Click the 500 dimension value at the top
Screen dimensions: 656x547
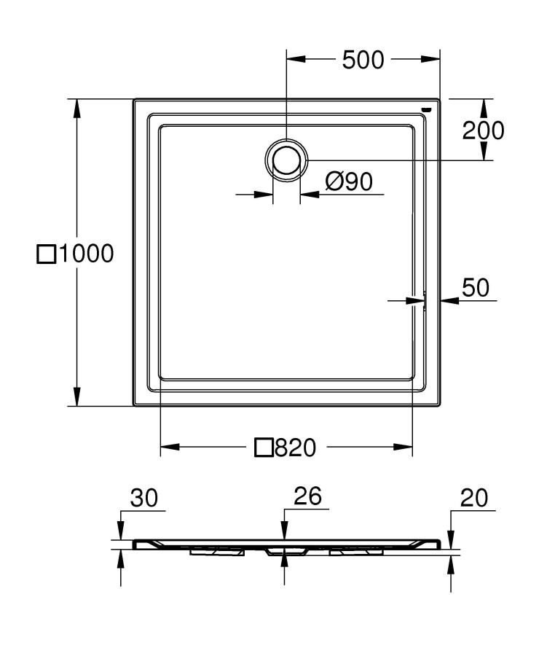click(x=363, y=60)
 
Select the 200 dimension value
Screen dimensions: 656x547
click(x=483, y=130)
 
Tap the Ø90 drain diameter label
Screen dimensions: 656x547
click(x=349, y=181)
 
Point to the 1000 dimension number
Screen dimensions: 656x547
click(x=86, y=254)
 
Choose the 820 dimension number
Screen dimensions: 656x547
click(x=295, y=448)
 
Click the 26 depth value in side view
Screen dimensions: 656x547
click(x=307, y=497)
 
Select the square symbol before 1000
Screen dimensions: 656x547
click(x=46, y=254)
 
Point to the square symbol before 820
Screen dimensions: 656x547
click(x=264, y=448)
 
